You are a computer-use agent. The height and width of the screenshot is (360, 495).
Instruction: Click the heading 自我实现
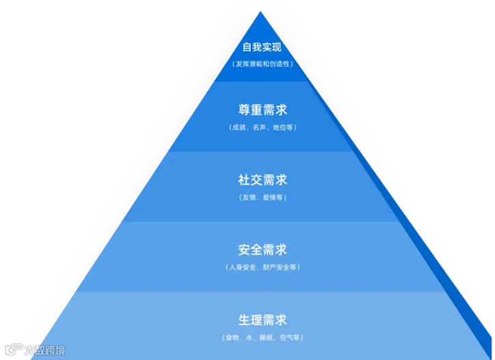[x=262, y=48]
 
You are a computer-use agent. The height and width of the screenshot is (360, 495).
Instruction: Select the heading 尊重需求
[x=262, y=110]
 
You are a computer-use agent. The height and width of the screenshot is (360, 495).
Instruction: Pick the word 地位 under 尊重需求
[x=281, y=128]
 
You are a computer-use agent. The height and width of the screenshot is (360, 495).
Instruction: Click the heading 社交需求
[x=262, y=180]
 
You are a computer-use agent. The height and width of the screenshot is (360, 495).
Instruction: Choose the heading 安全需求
[x=262, y=249]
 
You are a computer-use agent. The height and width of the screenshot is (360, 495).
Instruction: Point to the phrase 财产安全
[x=276, y=267]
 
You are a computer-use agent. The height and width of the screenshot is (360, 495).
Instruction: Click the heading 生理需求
[x=262, y=320]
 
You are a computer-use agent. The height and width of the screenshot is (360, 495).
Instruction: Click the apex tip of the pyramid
[x=260, y=12]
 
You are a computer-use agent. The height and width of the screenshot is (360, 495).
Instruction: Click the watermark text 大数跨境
[x=45, y=350]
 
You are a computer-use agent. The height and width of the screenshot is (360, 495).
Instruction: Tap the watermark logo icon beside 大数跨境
[x=13, y=350]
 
